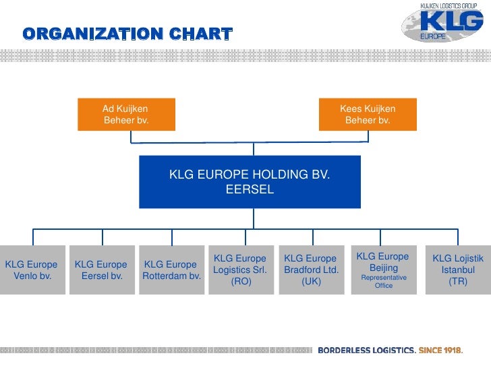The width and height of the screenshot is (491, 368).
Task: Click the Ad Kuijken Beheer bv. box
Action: [126, 115]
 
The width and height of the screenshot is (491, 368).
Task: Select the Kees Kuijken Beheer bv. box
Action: [368, 115]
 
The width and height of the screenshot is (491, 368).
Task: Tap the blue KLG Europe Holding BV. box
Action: [250, 182]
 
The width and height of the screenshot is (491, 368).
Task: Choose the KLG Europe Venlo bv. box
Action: [32, 270]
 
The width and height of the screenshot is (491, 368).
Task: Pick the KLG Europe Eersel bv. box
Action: [101, 270]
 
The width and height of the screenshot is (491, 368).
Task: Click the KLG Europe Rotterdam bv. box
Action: [171, 270]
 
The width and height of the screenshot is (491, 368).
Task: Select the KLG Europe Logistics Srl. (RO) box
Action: [241, 270]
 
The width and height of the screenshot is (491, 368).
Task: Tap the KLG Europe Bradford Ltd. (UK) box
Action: [311, 270]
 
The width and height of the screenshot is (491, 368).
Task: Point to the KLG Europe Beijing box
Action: [382, 270]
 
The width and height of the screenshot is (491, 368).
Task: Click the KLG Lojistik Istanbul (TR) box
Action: [458, 270]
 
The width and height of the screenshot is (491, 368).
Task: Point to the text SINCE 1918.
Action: [440, 350]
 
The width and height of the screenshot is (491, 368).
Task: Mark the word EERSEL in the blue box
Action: [250, 189]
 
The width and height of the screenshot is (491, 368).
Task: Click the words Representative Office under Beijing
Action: [383, 281]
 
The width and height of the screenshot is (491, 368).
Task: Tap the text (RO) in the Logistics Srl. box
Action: [241, 282]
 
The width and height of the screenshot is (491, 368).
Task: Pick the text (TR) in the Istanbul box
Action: [458, 282]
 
